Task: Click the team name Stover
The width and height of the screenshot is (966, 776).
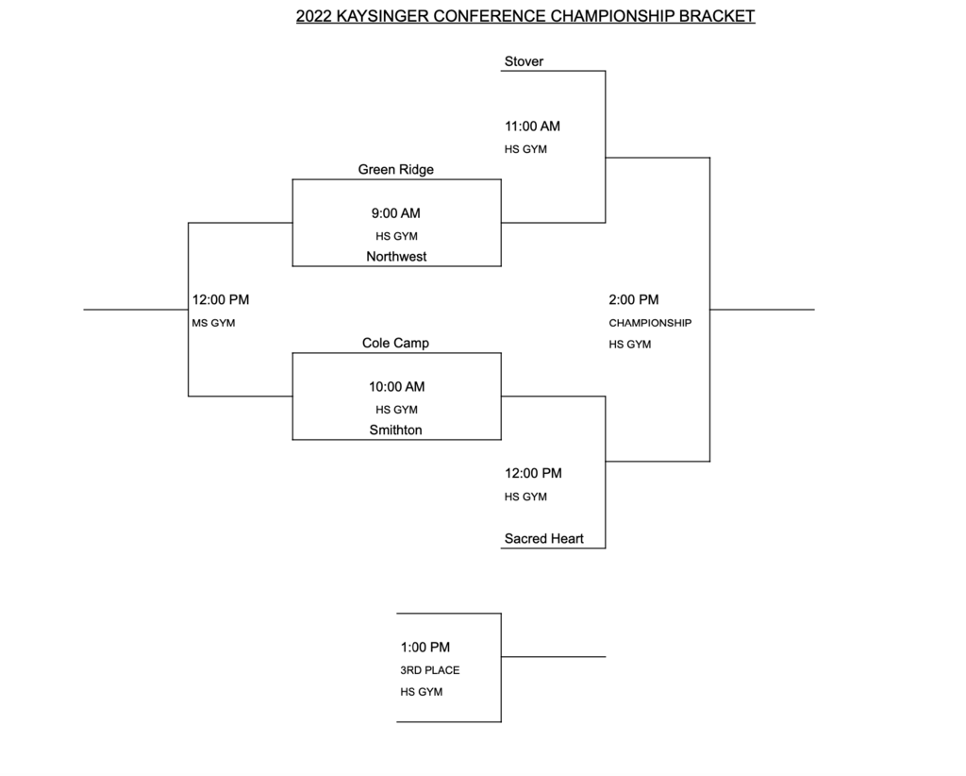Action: click(524, 61)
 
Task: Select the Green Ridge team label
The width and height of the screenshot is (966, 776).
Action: click(395, 170)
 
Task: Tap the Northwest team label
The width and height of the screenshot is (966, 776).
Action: click(396, 257)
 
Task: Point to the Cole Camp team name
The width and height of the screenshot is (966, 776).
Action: click(395, 344)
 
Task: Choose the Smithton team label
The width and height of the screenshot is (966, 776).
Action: click(395, 430)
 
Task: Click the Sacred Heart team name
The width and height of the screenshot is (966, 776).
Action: click(544, 539)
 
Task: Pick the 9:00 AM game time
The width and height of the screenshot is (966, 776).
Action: click(395, 213)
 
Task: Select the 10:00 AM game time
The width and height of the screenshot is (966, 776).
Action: click(397, 387)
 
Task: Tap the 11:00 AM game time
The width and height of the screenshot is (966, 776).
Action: click(532, 127)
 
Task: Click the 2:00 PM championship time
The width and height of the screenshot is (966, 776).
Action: click(634, 300)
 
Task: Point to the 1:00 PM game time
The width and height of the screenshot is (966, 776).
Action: click(425, 648)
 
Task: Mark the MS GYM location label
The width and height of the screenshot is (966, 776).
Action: click(213, 323)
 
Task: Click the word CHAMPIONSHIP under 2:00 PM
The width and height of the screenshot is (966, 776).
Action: click(650, 323)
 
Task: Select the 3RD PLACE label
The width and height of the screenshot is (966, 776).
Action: click(430, 670)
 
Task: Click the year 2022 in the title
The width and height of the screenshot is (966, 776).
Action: click(313, 16)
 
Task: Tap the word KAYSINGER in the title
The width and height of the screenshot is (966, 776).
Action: click(383, 16)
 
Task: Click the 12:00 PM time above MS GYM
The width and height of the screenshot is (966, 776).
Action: click(221, 300)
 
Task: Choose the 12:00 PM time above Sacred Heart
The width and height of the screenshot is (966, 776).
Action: click(534, 473)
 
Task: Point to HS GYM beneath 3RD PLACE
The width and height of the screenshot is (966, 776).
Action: click(422, 692)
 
